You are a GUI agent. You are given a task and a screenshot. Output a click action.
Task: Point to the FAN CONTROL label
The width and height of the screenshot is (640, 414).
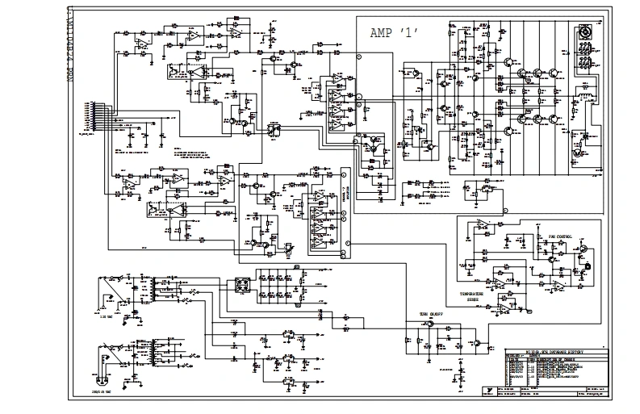559,236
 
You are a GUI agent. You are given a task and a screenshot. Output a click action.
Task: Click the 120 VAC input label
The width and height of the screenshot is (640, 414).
106,317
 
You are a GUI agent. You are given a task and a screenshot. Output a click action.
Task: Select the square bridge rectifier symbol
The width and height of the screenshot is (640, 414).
241,286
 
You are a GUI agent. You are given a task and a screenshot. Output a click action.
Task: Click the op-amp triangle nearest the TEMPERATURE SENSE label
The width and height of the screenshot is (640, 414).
502,303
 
